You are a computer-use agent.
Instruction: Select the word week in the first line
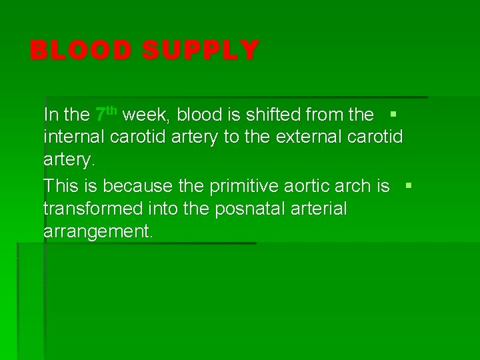pyautogui.click(x=148, y=115)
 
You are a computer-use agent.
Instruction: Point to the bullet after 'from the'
pyautogui.click(x=393, y=114)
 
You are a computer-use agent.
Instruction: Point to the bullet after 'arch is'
pyautogui.click(x=409, y=184)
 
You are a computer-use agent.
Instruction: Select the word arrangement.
pyautogui.click(x=98, y=231)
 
